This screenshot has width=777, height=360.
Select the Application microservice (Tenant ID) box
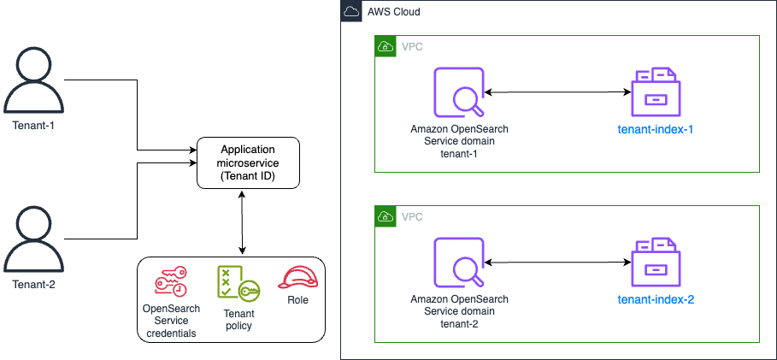249,162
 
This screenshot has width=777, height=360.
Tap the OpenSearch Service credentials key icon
171,281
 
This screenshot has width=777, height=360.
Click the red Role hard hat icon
297,277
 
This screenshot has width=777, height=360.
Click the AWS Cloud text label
393,12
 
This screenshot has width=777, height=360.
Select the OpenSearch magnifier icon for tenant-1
459,92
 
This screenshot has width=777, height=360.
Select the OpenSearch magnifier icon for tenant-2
459,262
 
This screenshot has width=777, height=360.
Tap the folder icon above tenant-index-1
656,92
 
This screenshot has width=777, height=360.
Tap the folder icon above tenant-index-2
656,262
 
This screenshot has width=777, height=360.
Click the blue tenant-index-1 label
656,130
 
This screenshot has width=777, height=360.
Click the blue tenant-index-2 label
656,299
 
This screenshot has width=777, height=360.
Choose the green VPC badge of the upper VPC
386,46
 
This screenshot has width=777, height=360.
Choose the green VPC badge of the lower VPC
386,215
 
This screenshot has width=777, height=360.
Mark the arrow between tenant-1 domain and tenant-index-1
556,91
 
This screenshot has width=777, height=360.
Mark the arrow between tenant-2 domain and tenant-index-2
556,262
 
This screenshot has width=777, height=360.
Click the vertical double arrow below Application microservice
244,222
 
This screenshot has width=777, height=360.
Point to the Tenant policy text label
238,319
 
